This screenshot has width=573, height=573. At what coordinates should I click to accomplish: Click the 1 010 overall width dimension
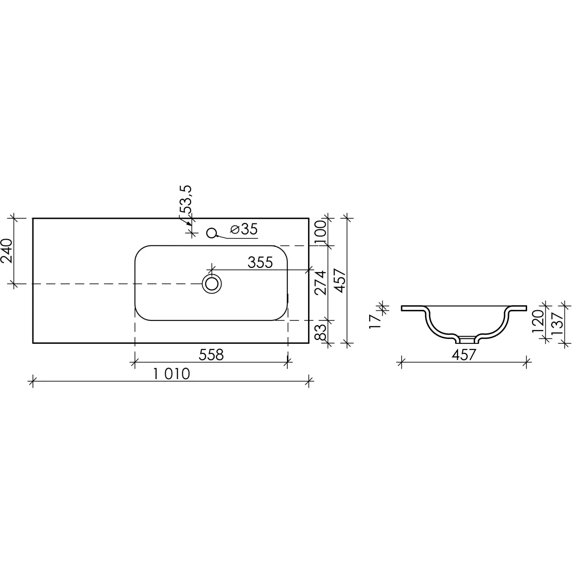171,374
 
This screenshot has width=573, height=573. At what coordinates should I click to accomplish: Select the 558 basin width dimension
211,355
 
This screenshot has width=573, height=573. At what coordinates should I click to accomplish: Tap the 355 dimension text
260,263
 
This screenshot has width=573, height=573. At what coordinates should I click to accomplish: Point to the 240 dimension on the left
7,251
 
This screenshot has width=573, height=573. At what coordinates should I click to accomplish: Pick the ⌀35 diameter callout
244,229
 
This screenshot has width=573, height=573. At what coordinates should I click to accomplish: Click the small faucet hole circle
212,233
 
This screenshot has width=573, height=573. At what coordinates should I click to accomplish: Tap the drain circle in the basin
212,284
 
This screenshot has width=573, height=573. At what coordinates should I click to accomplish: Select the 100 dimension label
320,233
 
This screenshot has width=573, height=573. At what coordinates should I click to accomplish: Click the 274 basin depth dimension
320,283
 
